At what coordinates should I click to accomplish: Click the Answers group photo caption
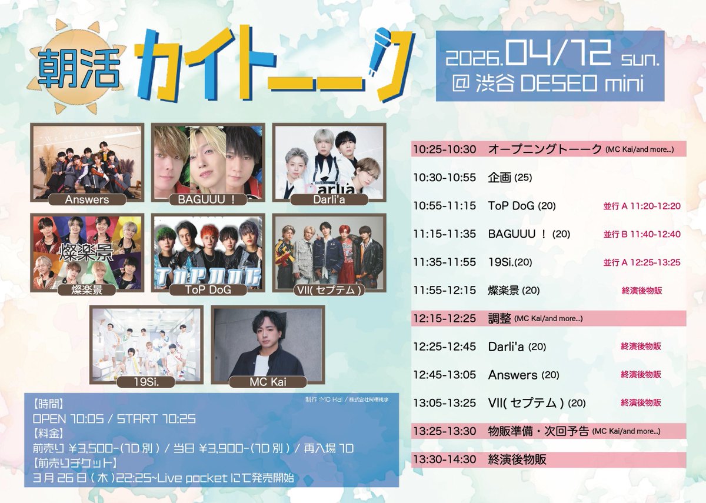click(x=86, y=199)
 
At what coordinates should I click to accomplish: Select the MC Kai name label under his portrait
click(x=268, y=382)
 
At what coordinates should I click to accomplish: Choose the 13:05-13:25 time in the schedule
click(x=444, y=403)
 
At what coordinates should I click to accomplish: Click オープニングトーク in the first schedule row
click(x=545, y=149)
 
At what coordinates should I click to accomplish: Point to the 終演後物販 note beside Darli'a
click(x=641, y=347)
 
